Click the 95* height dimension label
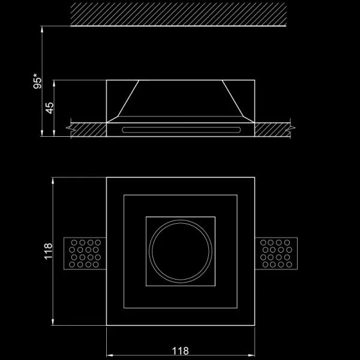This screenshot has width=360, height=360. [x=38, y=82]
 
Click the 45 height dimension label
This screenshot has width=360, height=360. [x=50, y=107]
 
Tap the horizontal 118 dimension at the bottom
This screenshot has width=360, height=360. [x=181, y=350]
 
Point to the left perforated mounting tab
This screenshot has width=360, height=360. [x=85, y=253]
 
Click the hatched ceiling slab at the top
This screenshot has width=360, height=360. [x=180, y=13]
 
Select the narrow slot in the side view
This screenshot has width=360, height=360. [x=181, y=128]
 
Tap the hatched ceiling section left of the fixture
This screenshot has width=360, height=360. [x=88, y=130]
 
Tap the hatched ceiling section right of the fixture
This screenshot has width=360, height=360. [x=273, y=130]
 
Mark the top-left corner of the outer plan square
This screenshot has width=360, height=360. [x=106, y=177]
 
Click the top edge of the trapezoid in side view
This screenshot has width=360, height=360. [x=181, y=81]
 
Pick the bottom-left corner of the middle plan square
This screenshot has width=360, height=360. [x=124, y=308]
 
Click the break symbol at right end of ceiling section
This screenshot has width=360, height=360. [x=291, y=128]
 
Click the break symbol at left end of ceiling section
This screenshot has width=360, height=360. [x=70, y=128]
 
